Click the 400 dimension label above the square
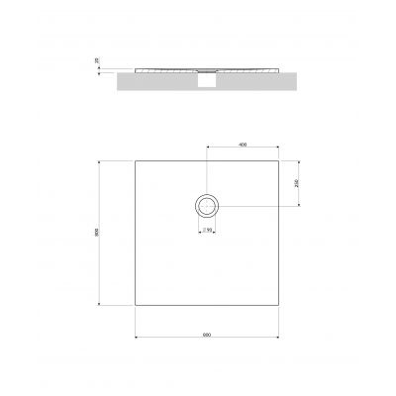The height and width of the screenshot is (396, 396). [x=243, y=146]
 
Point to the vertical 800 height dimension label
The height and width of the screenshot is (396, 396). [x=97, y=234]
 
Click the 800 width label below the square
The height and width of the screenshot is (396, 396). [x=206, y=334]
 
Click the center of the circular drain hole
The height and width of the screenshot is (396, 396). [x=207, y=206]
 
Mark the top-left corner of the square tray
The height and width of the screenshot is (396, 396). [x=135, y=160]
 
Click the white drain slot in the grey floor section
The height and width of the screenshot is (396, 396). [x=207, y=84]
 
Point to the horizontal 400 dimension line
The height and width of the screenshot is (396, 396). [x=228, y=150]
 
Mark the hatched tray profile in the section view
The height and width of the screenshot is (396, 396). [x=168, y=71]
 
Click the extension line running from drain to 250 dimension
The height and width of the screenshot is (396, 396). [x=262, y=206]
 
